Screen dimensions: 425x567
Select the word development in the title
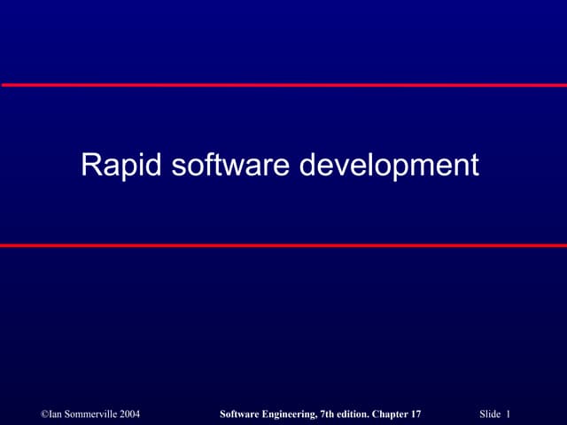coord(388,166)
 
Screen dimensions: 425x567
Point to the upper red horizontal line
coord(283,85)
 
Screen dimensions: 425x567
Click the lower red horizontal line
coord(283,245)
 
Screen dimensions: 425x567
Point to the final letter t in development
coord(474,166)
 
